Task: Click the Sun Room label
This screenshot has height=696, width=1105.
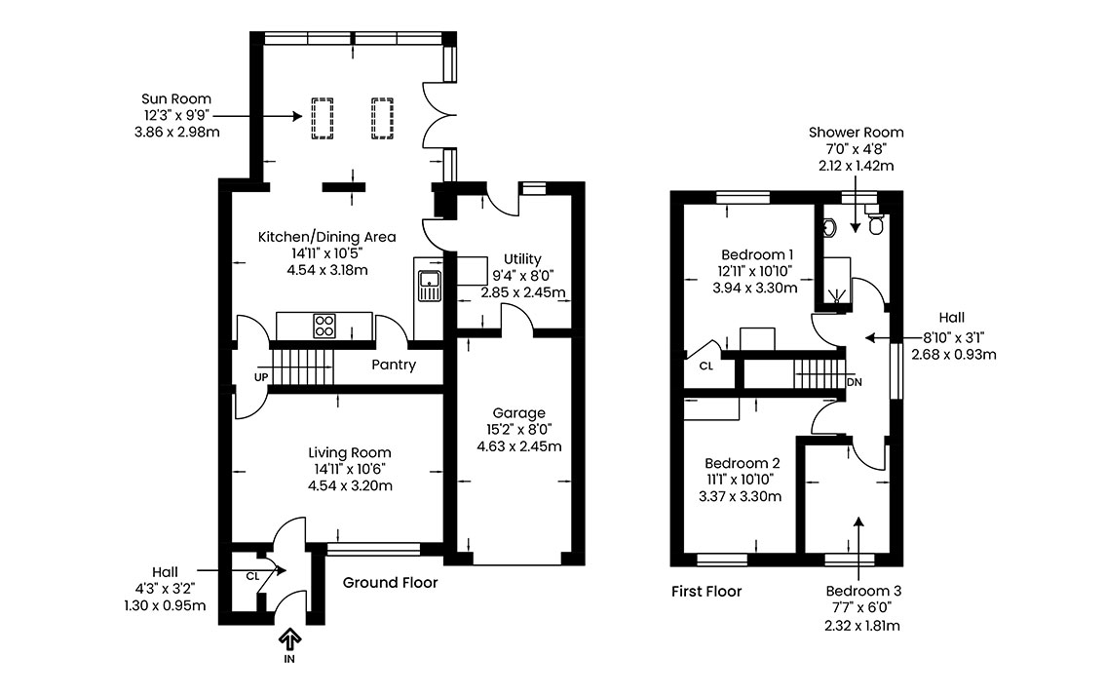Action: coord(176,98)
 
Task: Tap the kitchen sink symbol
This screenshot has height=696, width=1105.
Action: coord(429,286)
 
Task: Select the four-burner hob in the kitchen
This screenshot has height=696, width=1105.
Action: coord(324,325)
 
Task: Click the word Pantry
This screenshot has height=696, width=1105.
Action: coord(394,365)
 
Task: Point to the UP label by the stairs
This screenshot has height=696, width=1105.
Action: coord(261,377)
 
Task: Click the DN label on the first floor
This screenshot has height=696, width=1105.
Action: coord(855,382)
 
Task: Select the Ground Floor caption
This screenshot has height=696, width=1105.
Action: coord(391,583)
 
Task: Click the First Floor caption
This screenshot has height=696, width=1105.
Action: coord(706,591)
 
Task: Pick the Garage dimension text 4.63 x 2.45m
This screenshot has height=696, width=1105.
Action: coord(519,446)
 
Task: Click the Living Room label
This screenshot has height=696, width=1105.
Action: coord(350,452)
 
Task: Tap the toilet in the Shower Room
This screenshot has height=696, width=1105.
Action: coord(876,223)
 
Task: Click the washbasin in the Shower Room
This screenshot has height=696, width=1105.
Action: coord(829,227)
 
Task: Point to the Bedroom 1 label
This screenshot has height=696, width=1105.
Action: coord(757,254)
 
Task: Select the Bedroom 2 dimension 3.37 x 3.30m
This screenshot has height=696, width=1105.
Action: coord(740,496)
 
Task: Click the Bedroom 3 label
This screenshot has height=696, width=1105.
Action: coord(863,591)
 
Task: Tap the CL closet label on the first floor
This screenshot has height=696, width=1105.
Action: coord(706,366)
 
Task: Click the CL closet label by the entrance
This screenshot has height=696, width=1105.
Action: coord(253,576)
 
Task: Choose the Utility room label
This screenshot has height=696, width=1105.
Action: coord(522,258)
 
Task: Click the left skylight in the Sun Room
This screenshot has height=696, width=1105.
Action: coord(323,119)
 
